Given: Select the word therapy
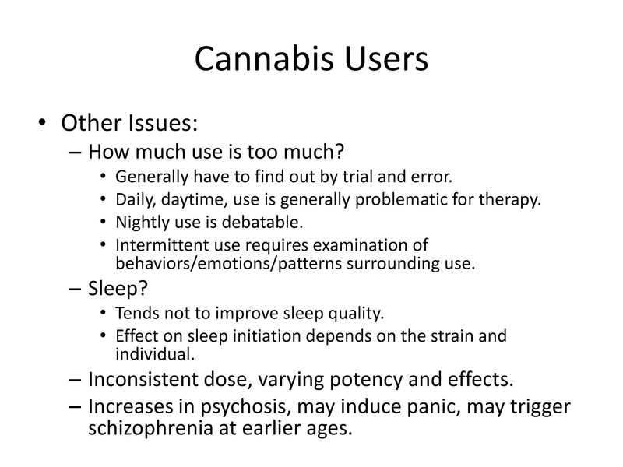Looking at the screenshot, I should [x=510, y=199].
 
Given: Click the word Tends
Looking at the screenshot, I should [x=134, y=314].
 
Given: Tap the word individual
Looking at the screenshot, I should [x=150, y=354].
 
